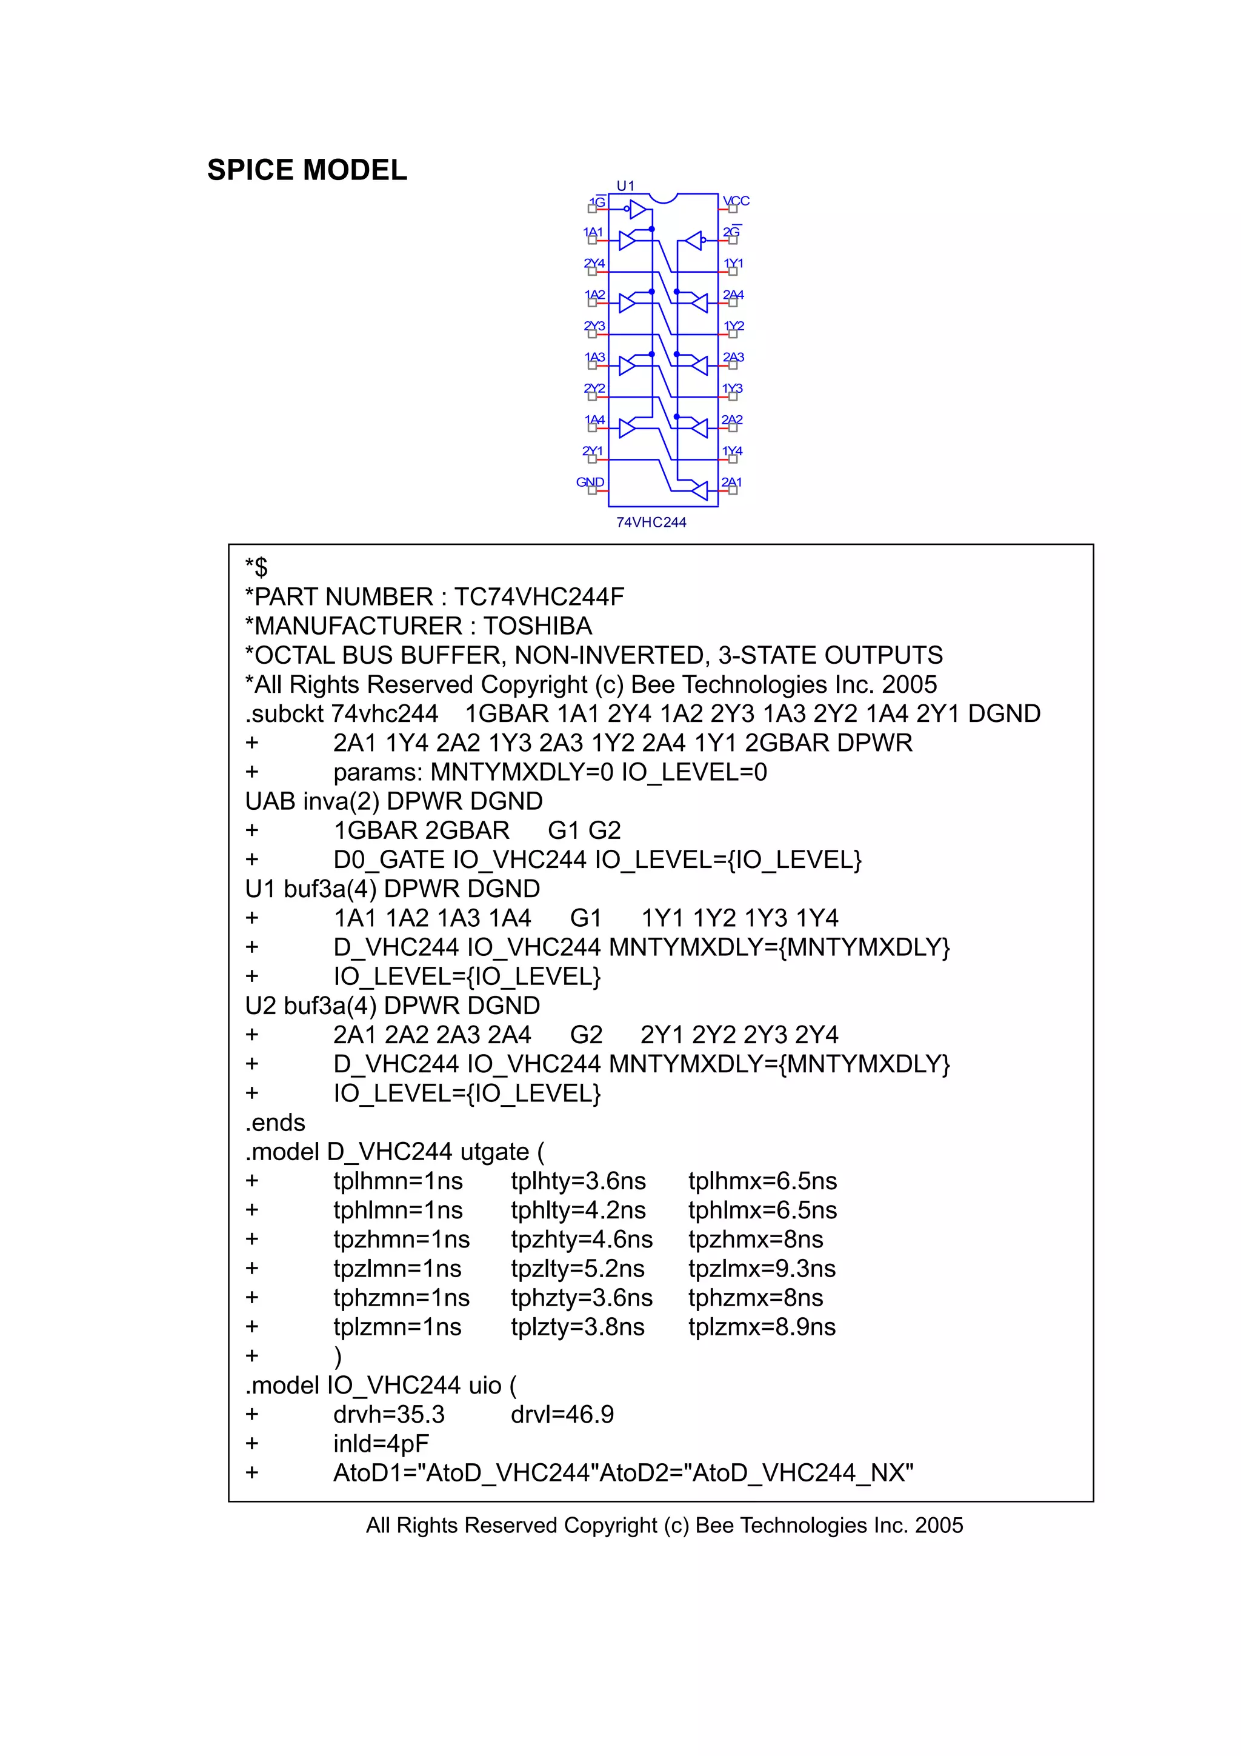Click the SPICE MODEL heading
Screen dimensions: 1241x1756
tap(307, 170)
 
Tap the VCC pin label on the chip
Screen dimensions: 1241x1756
tap(736, 201)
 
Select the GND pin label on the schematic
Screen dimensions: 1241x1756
tap(590, 482)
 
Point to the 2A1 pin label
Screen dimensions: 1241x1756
tap(732, 482)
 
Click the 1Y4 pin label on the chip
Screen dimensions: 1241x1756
tap(732, 450)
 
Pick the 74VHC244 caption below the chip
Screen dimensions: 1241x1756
tap(651, 522)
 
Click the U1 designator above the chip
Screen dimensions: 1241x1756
tap(625, 186)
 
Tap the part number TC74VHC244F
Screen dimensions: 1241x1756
tap(539, 596)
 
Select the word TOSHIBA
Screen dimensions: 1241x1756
tap(537, 626)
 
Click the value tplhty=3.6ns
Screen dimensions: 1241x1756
tap(578, 1181)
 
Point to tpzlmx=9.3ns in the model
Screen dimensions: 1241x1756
tap(762, 1268)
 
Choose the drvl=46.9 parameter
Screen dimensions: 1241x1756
tap(562, 1414)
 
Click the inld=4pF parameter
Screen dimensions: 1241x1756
tap(381, 1443)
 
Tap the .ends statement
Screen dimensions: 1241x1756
tap(274, 1122)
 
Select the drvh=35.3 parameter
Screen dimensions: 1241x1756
tap(388, 1414)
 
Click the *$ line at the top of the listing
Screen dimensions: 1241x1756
tap(256, 567)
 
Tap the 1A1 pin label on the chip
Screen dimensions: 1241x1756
tap(593, 232)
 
